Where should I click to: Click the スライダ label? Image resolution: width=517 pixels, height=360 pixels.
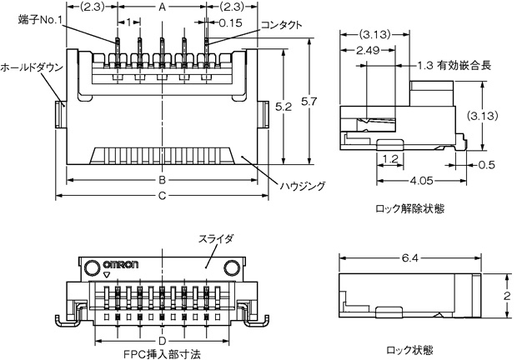(x=214, y=238)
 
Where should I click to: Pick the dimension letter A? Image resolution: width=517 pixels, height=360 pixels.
(x=162, y=6)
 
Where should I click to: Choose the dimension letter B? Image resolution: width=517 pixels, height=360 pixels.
(x=162, y=180)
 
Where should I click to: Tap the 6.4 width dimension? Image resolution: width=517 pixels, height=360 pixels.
(x=408, y=259)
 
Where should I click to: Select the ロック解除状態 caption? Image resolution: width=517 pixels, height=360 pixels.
(x=404, y=208)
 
